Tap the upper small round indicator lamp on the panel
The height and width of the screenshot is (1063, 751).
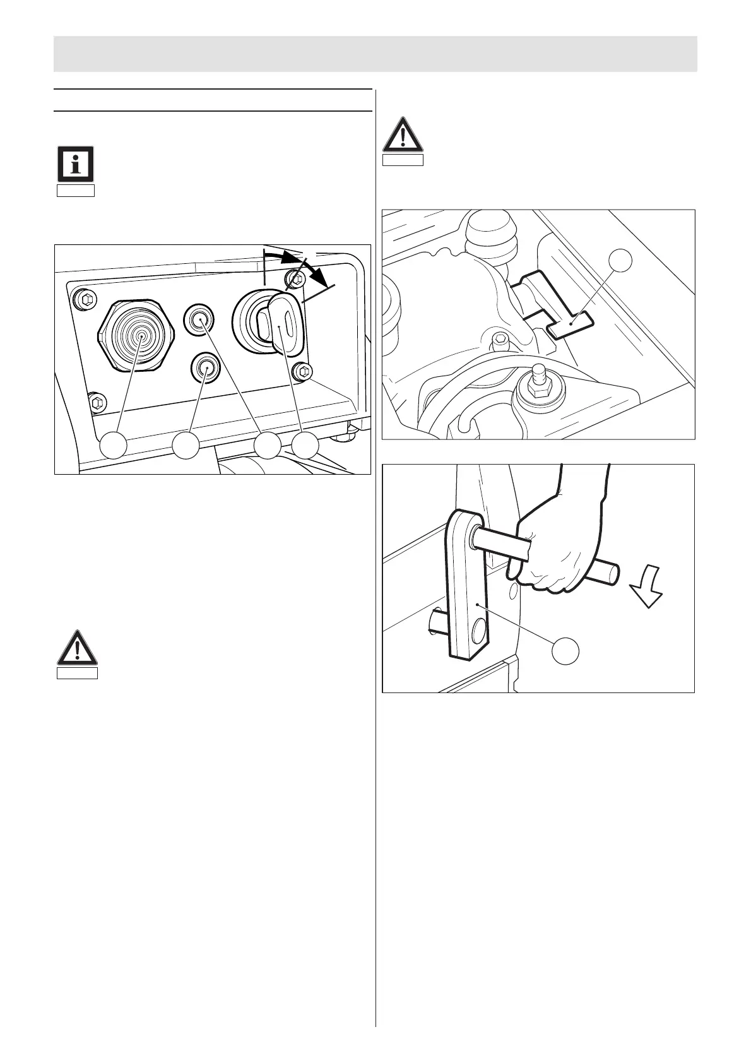tap(200, 318)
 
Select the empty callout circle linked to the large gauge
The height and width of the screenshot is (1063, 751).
tap(113, 446)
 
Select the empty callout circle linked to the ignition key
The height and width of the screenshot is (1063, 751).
tap(306, 446)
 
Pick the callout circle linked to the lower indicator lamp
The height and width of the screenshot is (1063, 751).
tap(186, 446)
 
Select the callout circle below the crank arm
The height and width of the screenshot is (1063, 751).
tap(565, 650)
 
